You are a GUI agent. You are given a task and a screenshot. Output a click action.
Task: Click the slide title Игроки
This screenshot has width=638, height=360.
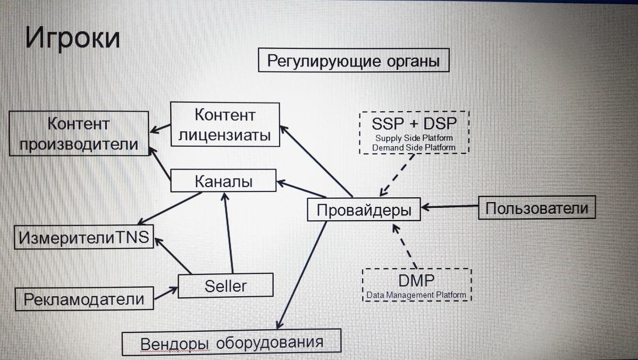[72, 40]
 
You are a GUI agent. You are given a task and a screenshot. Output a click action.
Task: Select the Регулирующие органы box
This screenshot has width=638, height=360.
[353, 60]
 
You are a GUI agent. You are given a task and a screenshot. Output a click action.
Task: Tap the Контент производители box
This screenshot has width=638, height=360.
[78, 133]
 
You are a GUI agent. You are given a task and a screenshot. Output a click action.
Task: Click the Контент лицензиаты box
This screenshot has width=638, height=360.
[225, 124]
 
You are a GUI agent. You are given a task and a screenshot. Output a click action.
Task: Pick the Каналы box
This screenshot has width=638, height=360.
[223, 181]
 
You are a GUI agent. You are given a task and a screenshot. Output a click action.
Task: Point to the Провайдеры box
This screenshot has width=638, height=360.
[364, 210]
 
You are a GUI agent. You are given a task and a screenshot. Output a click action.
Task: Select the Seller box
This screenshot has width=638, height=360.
[225, 286]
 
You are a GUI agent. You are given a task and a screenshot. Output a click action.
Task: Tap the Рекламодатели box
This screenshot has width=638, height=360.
[83, 299]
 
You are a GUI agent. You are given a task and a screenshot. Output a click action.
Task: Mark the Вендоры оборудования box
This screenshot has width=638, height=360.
[231, 343]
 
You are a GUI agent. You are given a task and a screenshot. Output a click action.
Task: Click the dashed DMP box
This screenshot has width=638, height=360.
[416, 284]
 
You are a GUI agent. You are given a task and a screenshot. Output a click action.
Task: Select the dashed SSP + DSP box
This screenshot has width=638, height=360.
[414, 132]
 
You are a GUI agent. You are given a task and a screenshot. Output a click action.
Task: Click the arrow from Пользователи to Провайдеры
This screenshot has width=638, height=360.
[450, 206]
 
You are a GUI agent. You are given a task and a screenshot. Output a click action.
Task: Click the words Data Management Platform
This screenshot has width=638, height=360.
[416, 295]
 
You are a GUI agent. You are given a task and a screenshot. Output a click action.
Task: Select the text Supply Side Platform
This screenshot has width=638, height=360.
[414, 139]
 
